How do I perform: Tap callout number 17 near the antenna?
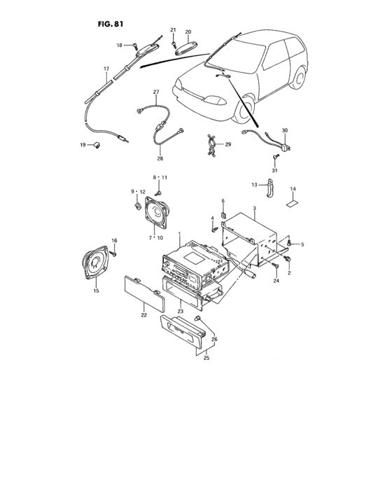(x=106, y=69)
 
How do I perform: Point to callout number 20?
(x=188, y=32)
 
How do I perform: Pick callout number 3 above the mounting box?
(x=255, y=209)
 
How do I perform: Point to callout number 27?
(x=156, y=92)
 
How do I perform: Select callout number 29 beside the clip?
(x=227, y=145)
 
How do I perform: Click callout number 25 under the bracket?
(x=206, y=358)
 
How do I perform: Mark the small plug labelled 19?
(x=97, y=145)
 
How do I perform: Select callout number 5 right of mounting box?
(x=303, y=244)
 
